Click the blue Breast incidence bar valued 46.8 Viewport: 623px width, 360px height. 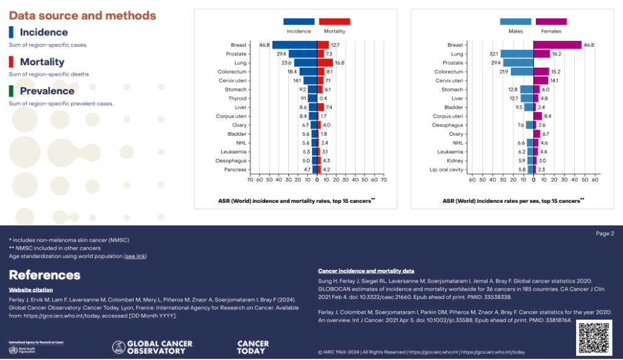point(294,44)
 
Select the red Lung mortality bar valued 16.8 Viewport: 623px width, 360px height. point(325,63)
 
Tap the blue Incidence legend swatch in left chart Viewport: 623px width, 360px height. point(299,22)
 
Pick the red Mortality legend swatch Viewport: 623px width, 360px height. point(334,22)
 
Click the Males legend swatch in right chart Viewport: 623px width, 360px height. point(516,22)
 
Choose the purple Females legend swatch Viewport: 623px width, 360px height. point(551,22)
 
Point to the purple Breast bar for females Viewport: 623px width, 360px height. point(558,44)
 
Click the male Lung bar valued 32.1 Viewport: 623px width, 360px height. point(517,54)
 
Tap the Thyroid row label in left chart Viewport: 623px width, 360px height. point(237,98)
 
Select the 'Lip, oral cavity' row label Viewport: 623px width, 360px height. point(446,169)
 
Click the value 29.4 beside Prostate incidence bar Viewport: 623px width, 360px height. point(282,54)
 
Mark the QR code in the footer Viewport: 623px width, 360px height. point(594,337)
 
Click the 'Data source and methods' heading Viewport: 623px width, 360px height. point(82,16)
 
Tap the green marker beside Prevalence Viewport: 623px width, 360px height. point(12,91)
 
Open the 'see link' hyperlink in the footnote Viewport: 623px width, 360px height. point(135,256)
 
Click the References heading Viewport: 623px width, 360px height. point(44,275)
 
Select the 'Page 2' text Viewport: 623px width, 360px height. point(605,233)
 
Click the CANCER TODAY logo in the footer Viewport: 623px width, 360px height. point(251,347)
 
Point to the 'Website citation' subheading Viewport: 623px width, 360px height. point(30,290)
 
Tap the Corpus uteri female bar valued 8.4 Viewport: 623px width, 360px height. point(538,116)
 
